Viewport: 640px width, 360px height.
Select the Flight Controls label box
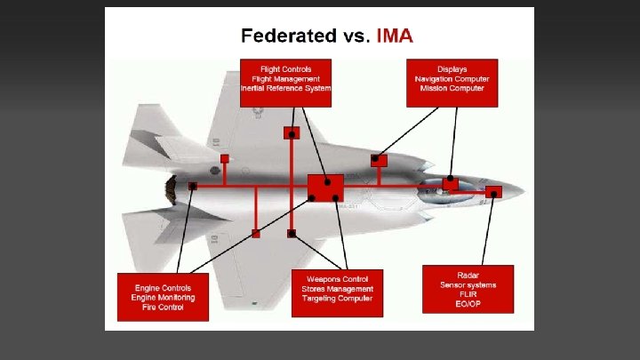(285, 83)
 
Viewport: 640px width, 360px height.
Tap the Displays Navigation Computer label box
(452, 83)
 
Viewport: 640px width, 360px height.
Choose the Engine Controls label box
(163, 297)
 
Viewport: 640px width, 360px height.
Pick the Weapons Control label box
(338, 292)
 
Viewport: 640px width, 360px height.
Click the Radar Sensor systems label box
(468, 289)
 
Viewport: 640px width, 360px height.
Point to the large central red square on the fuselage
(325, 188)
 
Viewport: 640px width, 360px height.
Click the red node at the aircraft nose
(493, 191)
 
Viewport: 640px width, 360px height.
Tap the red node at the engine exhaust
(193, 187)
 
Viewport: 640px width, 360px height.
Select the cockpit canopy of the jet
(440, 188)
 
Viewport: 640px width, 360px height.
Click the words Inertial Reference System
(285, 89)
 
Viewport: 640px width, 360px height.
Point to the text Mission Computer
(452, 89)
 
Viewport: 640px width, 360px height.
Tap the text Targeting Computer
(338, 299)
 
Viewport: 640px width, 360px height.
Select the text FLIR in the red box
(468, 294)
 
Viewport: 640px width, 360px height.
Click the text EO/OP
(468, 304)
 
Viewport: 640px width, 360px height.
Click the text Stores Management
(338, 289)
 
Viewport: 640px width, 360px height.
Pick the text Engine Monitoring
(163, 298)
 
